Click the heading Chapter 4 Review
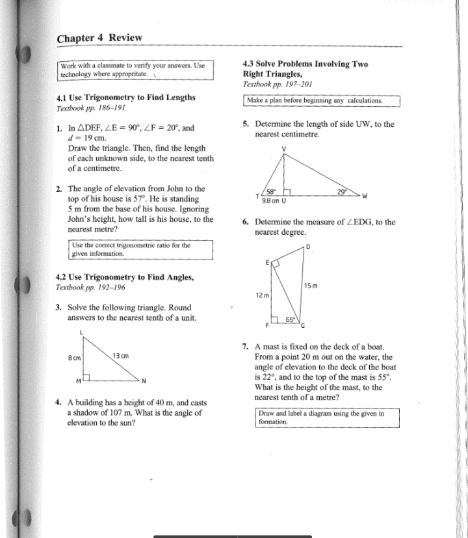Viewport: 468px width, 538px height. [x=99, y=37]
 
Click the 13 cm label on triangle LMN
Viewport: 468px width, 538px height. [x=121, y=355]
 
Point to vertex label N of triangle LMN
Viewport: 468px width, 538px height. [x=144, y=381]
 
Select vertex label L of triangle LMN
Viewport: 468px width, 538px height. [x=81, y=333]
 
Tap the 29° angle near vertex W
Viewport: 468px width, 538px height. [x=342, y=191]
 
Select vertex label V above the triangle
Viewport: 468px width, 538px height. [x=284, y=148]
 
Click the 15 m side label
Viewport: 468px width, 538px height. [x=311, y=286]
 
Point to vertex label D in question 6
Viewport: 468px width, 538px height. [x=308, y=246]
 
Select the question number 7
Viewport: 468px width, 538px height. [x=244, y=347]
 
